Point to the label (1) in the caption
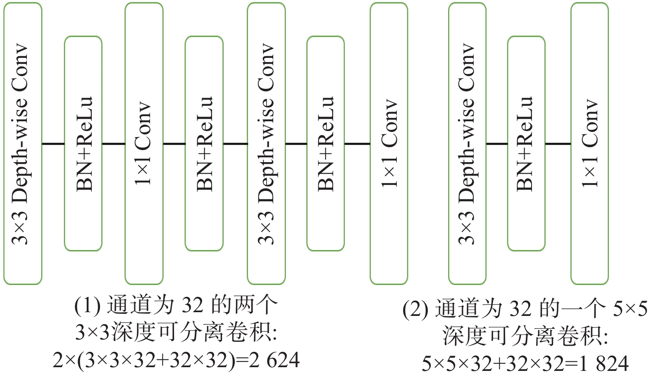tap(87, 306)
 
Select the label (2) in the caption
tap(415, 309)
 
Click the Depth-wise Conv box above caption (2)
tap(467, 143)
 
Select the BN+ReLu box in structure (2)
tap(526, 143)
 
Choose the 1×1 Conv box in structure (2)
tap(589, 143)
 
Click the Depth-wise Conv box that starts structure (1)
tap(23, 143)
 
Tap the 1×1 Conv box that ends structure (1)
tap(389, 143)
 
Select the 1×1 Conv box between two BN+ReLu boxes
tap(144, 143)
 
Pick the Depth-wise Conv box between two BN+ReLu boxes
tap(266, 143)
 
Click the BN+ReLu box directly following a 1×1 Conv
tap(204, 143)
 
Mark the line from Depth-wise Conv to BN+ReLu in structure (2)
tap(496, 144)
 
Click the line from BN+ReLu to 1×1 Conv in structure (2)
tap(558, 144)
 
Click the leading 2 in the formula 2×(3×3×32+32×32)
tap(58, 360)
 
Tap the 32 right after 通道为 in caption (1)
tap(193, 306)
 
